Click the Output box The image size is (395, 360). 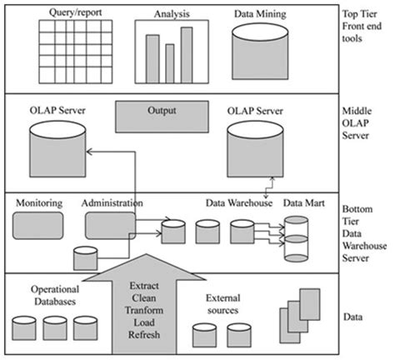click(x=162, y=117)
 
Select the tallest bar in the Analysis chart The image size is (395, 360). click(x=187, y=55)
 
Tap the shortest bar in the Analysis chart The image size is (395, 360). click(x=170, y=63)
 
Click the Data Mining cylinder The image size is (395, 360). click(x=260, y=52)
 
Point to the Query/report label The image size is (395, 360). click(x=75, y=12)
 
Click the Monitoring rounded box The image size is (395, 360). click(x=37, y=226)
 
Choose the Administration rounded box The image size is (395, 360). click(x=110, y=226)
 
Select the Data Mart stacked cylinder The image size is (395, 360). click(x=296, y=239)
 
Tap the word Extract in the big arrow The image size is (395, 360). click(x=144, y=286)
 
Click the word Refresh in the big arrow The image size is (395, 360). click(x=144, y=335)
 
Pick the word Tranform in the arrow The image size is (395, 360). click(x=144, y=310)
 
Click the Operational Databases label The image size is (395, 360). click(x=55, y=295)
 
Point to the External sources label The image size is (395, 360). click(x=223, y=304)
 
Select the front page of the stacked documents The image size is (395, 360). click(x=310, y=304)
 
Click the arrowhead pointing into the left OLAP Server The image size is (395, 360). click(x=89, y=152)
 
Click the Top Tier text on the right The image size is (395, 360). click(x=359, y=14)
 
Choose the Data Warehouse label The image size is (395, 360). click(x=239, y=203)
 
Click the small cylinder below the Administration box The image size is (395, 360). click(x=86, y=258)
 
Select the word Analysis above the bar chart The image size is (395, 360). click(x=172, y=14)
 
